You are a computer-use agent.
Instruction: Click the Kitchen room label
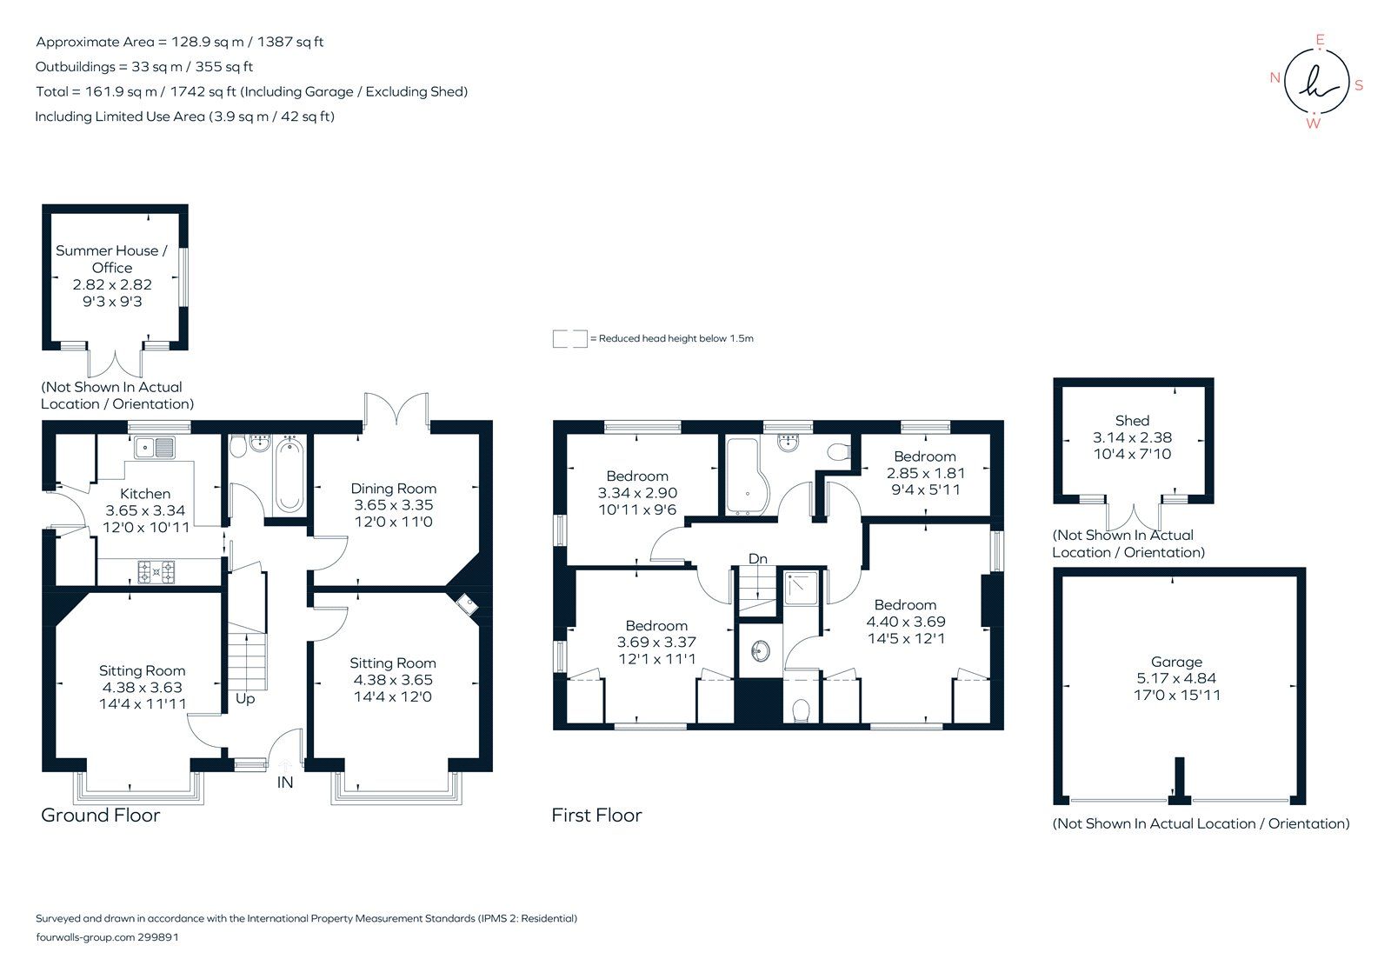pyautogui.click(x=145, y=493)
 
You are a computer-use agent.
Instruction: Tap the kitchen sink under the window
pyautogui.click(x=155, y=448)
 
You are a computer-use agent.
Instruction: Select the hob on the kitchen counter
pyautogui.click(x=156, y=571)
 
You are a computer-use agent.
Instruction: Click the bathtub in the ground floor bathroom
pyautogui.click(x=290, y=476)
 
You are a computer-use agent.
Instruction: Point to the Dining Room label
pyautogui.click(x=393, y=489)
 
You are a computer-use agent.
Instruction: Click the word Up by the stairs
pyautogui.click(x=245, y=699)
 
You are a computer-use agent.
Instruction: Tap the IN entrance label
pyautogui.click(x=285, y=783)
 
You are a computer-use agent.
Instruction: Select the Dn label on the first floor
pyautogui.click(x=758, y=558)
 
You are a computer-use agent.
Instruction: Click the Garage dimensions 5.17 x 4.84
pyautogui.click(x=1176, y=678)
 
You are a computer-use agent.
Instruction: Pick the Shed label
pyautogui.click(x=1132, y=421)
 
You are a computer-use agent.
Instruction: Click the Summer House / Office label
pyautogui.click(x=111, y=259)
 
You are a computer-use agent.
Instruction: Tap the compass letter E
pyautogui.click(x=1320, y=39)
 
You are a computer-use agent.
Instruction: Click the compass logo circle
pyautogui.click(x=1317, y=81)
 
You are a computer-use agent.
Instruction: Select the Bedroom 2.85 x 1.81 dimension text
pyautogui.click(x=925, y=473)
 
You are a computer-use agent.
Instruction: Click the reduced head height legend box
pyautogui.click(x=569, y=339)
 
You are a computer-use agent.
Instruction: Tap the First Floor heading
pyautogui.click(x=596, y=816)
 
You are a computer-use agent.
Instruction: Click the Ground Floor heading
pyautogui.click(x=101, y=816)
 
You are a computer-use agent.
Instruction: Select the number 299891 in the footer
pyautogui.click(x=158, y=937)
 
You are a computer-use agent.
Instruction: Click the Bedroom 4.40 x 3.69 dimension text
pyautogui.click(x=905, y=622)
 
